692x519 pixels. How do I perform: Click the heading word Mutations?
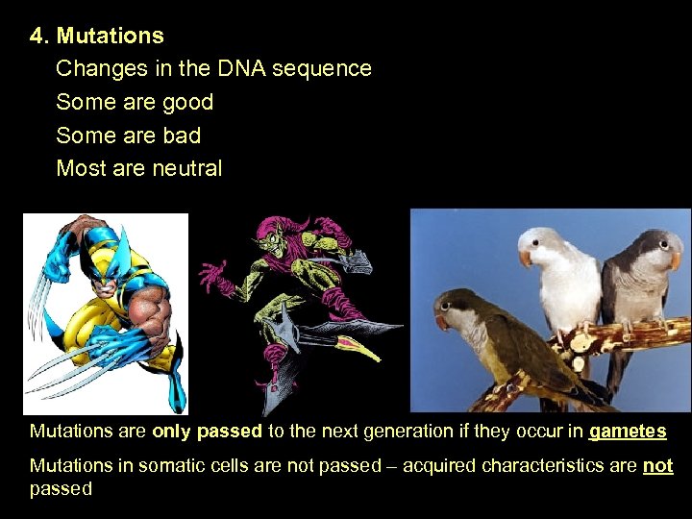coord(110,37)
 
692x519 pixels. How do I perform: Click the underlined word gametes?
coord(628,432)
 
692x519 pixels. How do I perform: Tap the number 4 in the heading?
coord(36,37)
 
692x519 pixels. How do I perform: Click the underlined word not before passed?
coord(658,466)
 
